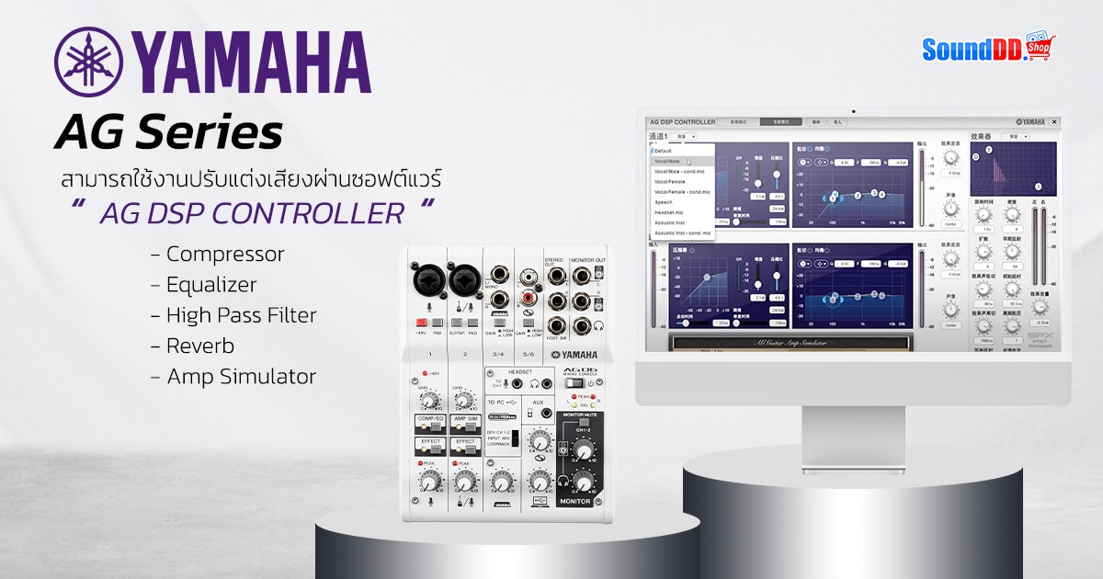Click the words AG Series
tap(167, 133)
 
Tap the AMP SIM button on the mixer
tap(466, 419)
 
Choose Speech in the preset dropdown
tap(664, 202)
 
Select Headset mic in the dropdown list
tap(669, 212)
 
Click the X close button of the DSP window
tap(1054, 121)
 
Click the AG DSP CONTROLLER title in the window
tap(682, 121)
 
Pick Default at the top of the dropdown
tap(663, 151)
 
